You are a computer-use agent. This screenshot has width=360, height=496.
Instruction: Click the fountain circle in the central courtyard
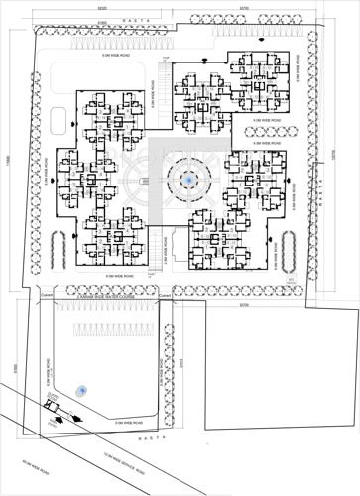[185, 180]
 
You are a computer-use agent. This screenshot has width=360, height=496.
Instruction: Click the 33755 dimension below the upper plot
[243, 305]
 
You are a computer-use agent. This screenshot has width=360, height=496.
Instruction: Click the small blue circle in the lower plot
[82, 390]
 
